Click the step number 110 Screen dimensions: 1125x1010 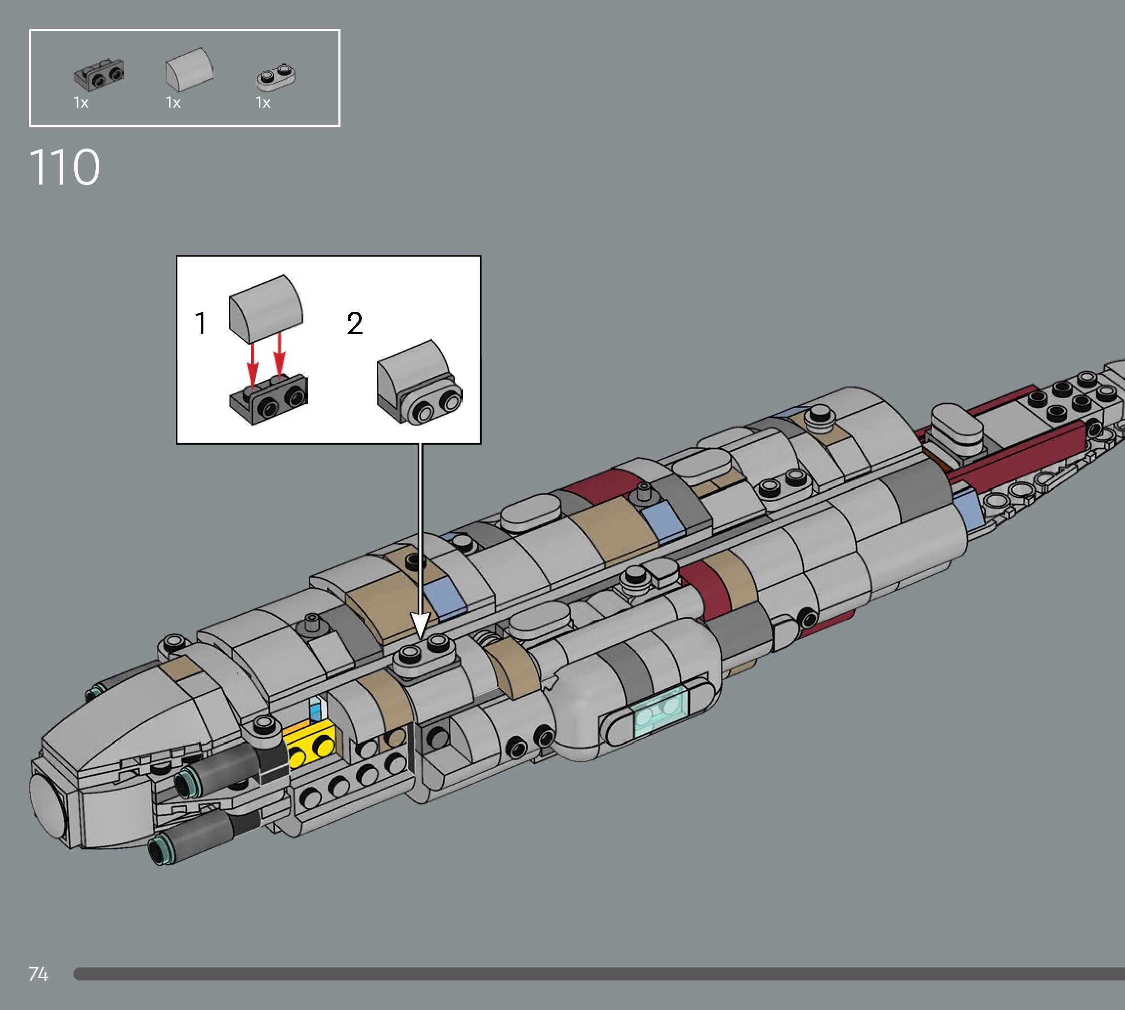65,167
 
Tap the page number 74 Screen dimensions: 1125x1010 38,974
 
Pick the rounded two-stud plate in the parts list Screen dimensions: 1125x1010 276,77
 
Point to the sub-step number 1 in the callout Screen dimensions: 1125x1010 201,323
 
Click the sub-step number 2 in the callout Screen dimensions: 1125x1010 355,323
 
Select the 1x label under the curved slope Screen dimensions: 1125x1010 173,103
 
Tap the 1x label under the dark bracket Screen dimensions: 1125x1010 81,103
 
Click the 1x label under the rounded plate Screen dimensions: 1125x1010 263,103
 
